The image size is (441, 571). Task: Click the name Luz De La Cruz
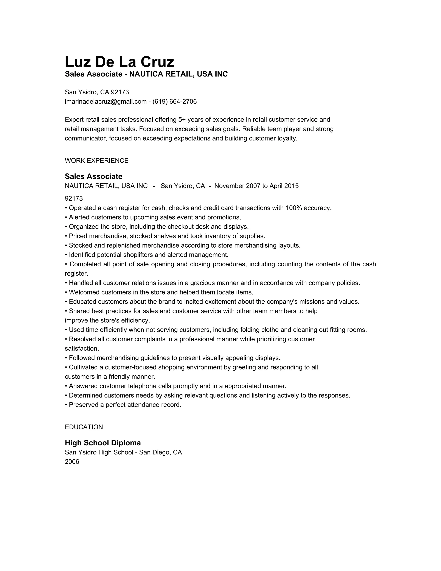click(x=119, y=62)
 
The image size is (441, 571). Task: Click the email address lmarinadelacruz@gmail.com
click(x=106, y=101)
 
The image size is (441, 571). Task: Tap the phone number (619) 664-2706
click(x=174, y=101)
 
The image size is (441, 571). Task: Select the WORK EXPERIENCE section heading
click(x=96, y=161)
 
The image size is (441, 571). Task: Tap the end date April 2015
click(x=284, y=186)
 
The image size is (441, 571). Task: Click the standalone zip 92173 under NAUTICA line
click(x=74, y=198)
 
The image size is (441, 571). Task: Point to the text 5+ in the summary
click(x=182, y=120)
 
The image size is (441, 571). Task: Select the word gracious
click(x=201, y=283)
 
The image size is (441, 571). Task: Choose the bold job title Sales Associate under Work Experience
click(x=93, y=176)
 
